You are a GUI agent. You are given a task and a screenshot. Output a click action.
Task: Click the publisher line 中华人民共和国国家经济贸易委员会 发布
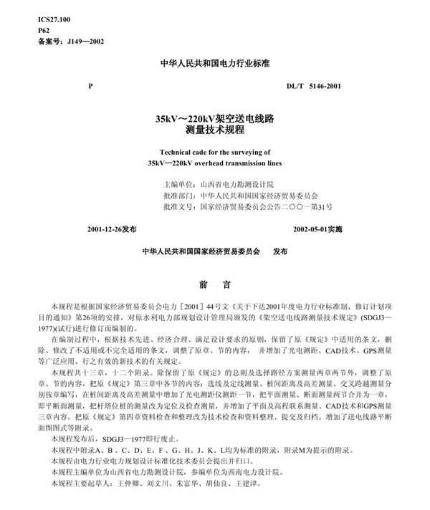pos(214,253)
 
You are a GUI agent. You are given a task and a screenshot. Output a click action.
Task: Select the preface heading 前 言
pos(214,283)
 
